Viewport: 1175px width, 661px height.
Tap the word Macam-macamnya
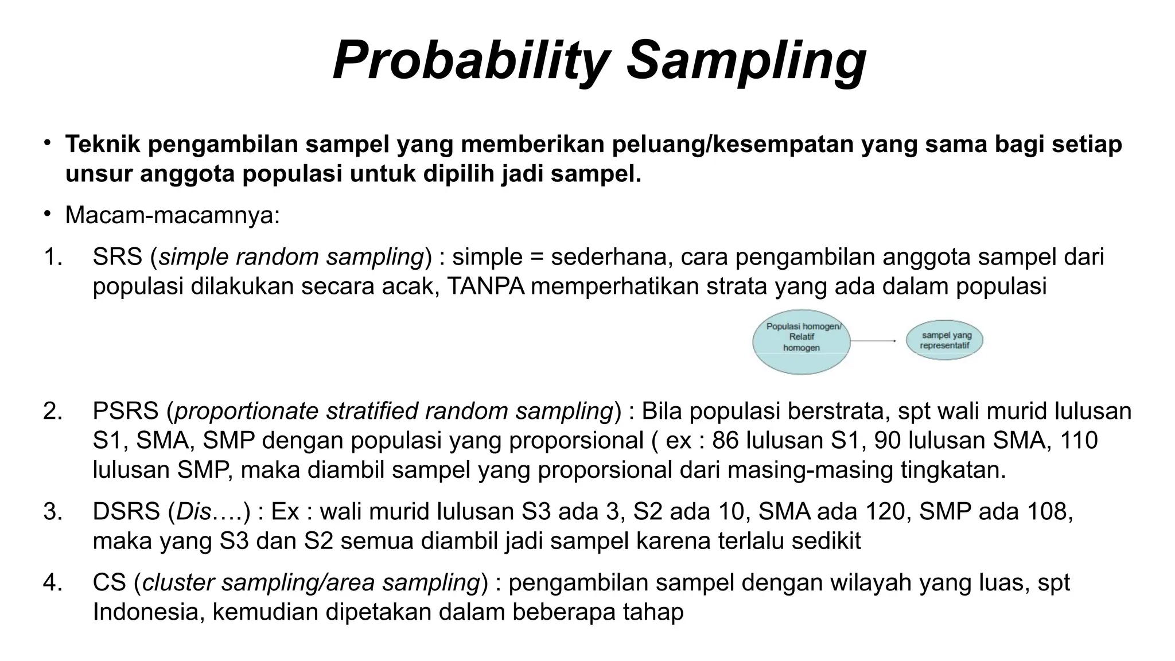pos(172,216)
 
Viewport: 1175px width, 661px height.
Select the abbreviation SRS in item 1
pos(118,257)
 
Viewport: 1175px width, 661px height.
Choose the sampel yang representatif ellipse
pos(944,340)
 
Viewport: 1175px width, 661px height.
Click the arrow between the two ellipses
pos(873,341)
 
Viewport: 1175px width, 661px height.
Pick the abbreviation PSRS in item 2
pos(126,411)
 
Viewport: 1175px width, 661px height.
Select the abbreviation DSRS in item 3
pos(126,511)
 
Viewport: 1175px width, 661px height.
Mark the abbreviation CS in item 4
pos(109,582)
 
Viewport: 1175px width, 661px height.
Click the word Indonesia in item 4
pos(149,612)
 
